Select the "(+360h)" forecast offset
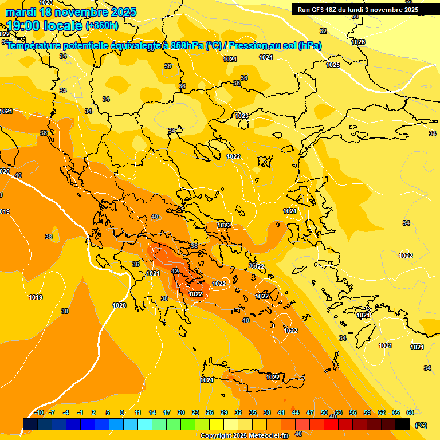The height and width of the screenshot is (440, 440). pyautogui.click(x=102, y=26)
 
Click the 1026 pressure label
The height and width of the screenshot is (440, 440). pyautogui.click(x=358, y=42)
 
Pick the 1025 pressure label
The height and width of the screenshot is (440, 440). pyautogui.click(x=333, y=65)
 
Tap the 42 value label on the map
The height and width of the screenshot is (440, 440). pyautogui.click(x=175, y=271)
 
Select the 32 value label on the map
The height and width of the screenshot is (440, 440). pyautogui.click(x=323, y=31)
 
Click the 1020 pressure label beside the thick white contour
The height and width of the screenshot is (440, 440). pyautogui.click(x=119, y=305)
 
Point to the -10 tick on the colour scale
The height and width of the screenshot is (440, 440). pyautogui.click(x=39, y=412)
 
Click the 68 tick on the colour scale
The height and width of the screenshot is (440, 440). pyautogui.click(x=410, y=412)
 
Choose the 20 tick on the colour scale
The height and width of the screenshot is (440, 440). pyautogui.click(x=181, y=412)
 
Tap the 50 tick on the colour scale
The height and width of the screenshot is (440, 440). pyautogui.click(x=324, y=412)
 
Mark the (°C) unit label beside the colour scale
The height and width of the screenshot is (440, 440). pyautogui.click(x=421, y=425)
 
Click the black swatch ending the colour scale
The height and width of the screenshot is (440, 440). pyautogui.click(x=403, y=424)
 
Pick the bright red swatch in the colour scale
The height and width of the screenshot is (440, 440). pyautogui.click(x=331, y=424)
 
